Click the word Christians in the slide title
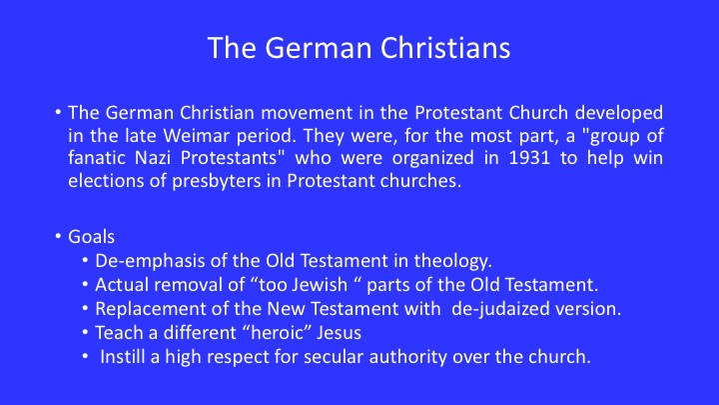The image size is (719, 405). [445, 48]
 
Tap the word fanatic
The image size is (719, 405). [96, 158]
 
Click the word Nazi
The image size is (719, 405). [153, 158]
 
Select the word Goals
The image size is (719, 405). [91, 237]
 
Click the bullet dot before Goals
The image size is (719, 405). [58, 236]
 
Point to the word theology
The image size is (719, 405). [452, 261]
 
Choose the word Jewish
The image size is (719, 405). [321, 285]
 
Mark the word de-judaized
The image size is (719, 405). [500, 309]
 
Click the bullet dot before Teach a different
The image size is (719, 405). [85, 332]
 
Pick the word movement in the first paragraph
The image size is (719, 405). [308, 113]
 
